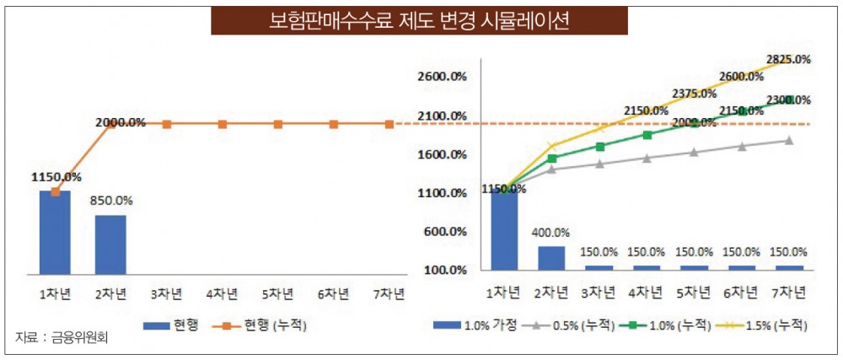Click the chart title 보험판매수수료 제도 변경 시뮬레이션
click(419, 21)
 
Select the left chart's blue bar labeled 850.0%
click(110, 244)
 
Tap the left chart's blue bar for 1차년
click(55, 232)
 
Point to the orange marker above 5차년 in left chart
click(278, 124)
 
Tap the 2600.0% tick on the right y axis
click(443, 77)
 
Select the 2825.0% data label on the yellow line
click(788, 59)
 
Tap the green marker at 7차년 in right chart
click(788, 100)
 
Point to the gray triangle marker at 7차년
click(788, 140)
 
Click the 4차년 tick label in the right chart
click(647, 293)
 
